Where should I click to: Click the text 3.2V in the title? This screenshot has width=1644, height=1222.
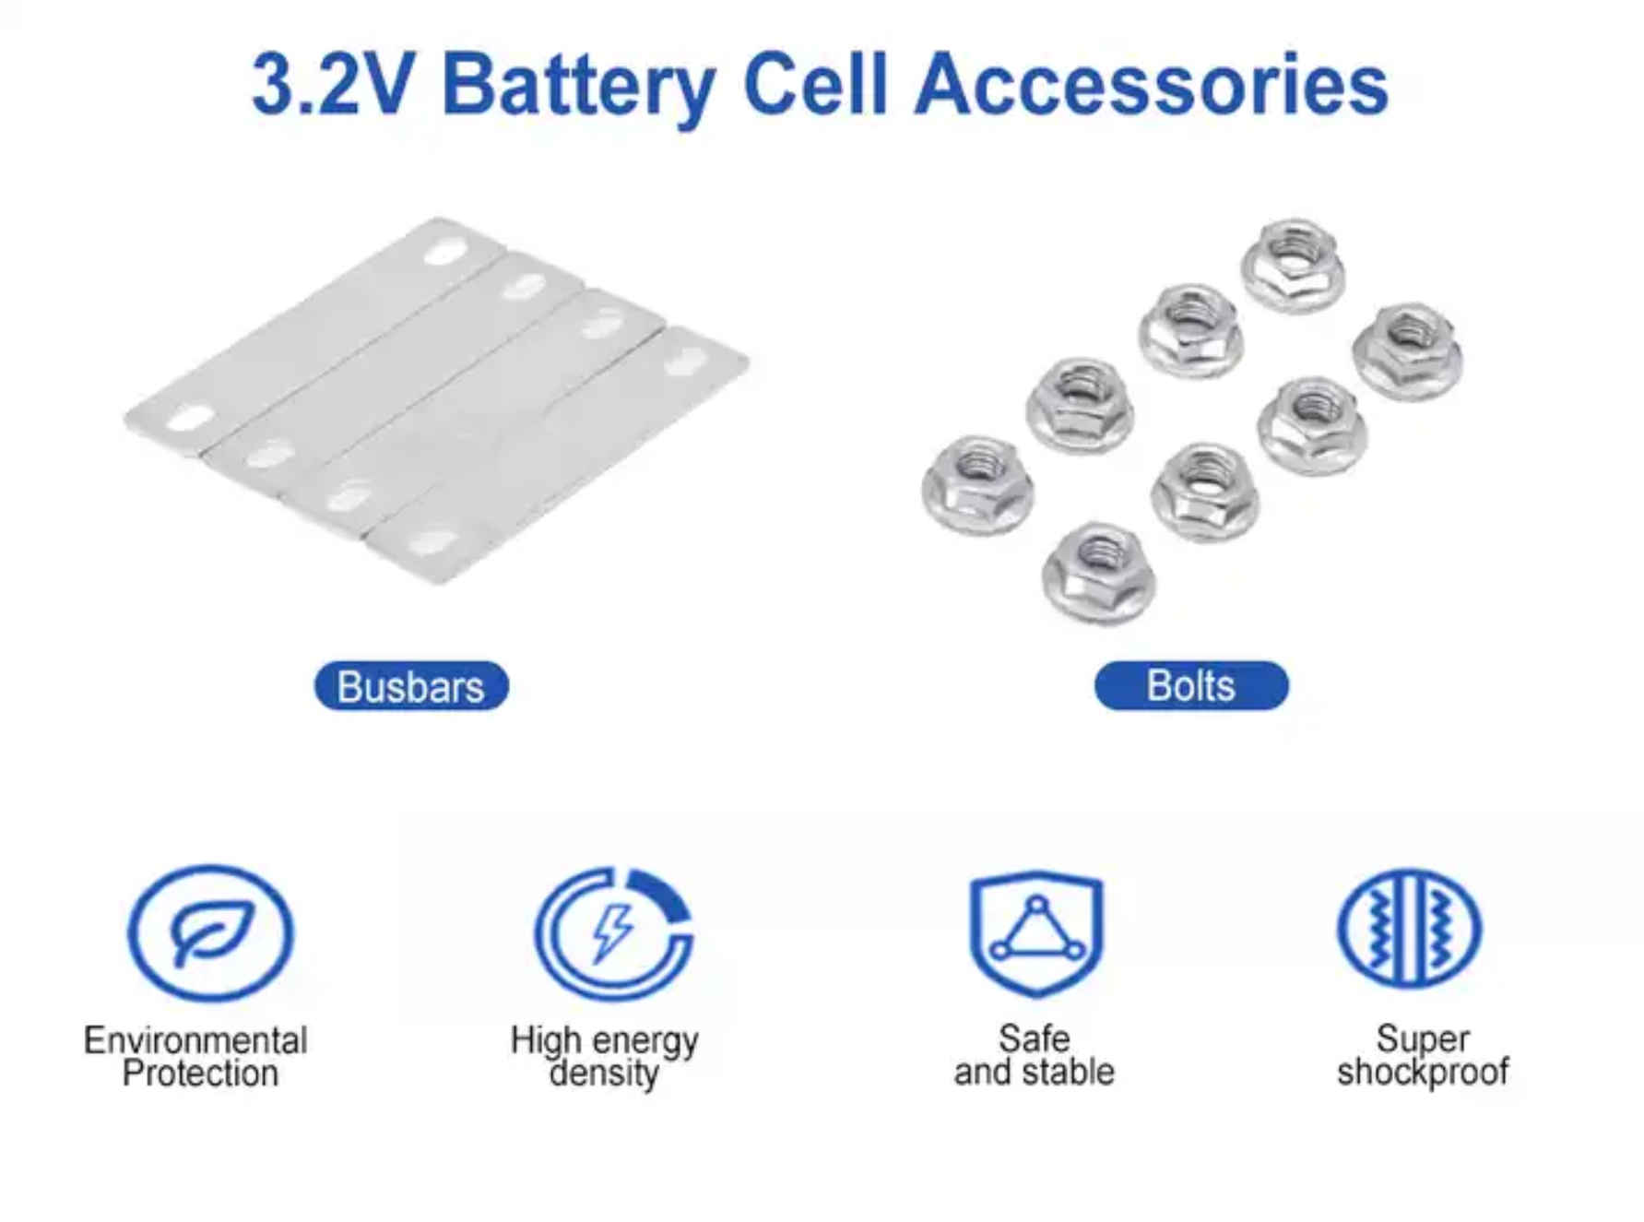pos(332,85)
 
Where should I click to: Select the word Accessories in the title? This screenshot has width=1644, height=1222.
pos(1152,85)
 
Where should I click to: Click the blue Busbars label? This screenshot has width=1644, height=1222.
pos(411,686)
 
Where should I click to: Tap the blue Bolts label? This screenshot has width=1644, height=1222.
pos(1190,685)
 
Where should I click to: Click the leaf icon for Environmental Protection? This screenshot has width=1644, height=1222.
pos(211,932)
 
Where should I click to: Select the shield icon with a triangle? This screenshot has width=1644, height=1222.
pos(1036,932)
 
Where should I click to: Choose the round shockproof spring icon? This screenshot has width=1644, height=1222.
pos(1410,928)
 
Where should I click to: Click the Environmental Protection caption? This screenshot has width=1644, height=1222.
pos(196,1057)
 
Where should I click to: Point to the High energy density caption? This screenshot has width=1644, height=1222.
pos(605,1056)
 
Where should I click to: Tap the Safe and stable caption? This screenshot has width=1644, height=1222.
pos(1035,1055)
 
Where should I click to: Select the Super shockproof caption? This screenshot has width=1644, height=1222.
pos(1423,1055)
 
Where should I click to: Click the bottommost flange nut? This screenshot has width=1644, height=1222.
pos(1098,572)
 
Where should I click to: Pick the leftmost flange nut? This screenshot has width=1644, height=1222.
pos(977,483)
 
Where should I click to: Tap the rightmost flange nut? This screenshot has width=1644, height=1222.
pos(1408,350)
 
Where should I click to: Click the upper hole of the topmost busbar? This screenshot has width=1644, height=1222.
pos(446,249)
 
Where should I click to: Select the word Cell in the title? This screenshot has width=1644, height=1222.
pos(814,85)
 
